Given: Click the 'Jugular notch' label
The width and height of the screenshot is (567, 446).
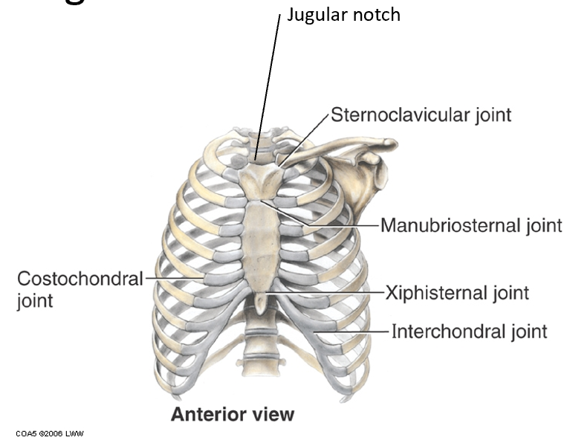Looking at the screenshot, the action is [x=343, y=14].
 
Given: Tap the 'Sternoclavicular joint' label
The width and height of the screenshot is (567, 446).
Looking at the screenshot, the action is [x=421, y=115].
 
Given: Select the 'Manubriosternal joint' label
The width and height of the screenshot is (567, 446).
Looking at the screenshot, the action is [x=471, y=224].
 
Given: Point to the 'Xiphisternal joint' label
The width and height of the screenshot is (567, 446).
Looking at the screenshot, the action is [x=457, y=292].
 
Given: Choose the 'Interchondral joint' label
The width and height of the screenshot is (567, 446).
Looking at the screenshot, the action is [x=469, y=331].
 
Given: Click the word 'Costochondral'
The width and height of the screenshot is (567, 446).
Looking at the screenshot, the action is [x=79, y=279].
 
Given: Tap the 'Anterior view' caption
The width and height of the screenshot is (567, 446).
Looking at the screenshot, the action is [x=232, y=414].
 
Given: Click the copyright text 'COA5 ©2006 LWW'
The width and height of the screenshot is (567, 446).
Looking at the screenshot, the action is [x=49, y=433].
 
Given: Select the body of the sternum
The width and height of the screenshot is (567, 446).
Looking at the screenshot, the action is [x=262, y=242].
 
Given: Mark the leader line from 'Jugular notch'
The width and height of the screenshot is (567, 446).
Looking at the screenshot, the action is [x=270, y=82].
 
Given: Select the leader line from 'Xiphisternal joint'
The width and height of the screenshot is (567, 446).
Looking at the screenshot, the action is [x=327, y=293].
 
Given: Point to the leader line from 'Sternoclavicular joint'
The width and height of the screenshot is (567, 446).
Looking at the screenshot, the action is [x=305, y=138].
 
